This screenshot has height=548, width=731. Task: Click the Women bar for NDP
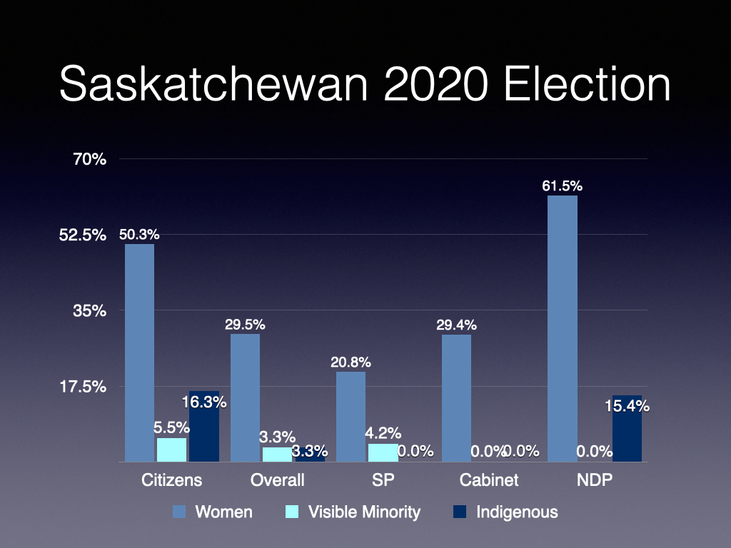562,328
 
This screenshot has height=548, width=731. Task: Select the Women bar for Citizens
139,352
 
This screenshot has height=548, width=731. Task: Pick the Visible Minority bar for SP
383,452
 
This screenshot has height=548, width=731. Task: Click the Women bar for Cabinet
456,397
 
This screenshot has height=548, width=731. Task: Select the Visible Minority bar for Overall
277,455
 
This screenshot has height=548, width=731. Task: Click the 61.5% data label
562,186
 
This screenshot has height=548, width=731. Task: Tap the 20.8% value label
351,362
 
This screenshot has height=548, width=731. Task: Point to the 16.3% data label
204,402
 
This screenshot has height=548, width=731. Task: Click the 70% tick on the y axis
89,159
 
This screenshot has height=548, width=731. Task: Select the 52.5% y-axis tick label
81,235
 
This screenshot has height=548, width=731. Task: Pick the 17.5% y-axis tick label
81,387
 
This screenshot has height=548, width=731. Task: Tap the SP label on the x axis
383,479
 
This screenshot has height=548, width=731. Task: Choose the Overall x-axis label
277,479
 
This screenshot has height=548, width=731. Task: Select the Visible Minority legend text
364,512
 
